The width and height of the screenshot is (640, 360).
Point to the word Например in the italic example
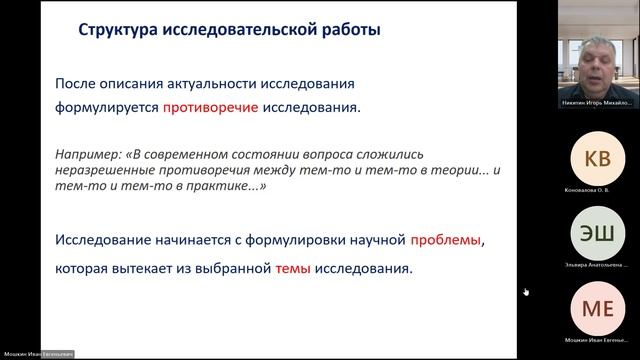click(x=90, y=155)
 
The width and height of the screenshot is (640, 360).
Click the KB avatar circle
click(x=597, y=158)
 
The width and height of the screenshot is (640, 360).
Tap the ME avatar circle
click(x=597, y=307)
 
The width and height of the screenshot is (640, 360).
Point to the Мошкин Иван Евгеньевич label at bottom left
click(x=40, y=354)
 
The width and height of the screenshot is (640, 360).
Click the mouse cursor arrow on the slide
click(x=526, y=292)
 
